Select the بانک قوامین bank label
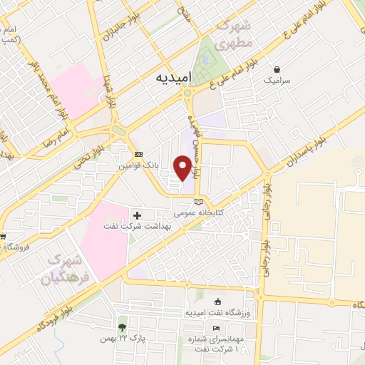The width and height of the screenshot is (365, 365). coord(140,165)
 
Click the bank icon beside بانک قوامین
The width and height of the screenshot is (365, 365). coord(138,154)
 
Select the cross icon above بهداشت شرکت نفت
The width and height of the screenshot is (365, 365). coord(137,215)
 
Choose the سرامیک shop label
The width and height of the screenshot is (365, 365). coord(277,82)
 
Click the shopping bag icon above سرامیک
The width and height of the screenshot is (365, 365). coord(277,70)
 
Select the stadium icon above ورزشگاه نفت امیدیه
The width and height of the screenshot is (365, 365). coord(219,302)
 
